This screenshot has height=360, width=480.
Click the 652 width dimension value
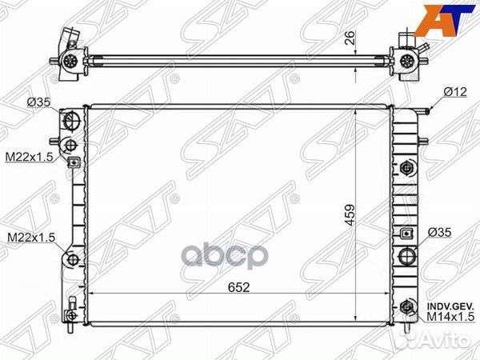(238, 287)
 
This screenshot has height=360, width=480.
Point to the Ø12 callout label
(455, 92)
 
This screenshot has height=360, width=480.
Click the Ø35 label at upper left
(39, 102)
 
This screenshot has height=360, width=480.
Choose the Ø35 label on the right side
(439, 232)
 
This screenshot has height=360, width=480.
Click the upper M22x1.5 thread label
(30, 157)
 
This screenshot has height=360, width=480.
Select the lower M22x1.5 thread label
(31, 238)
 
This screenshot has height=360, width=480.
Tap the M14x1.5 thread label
(450, 317)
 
